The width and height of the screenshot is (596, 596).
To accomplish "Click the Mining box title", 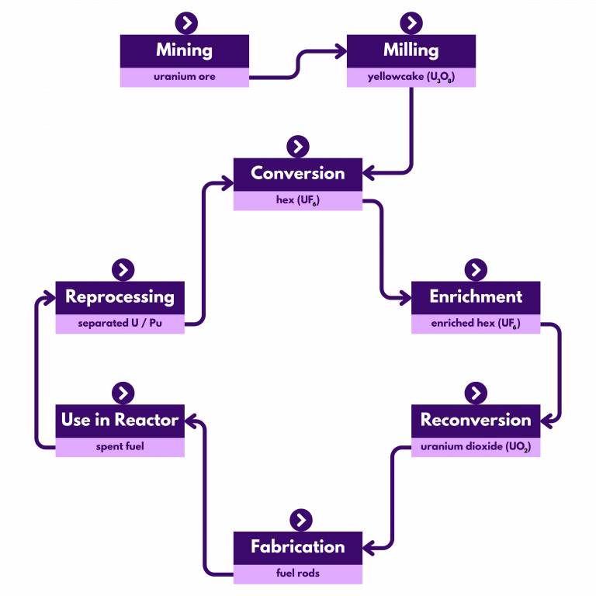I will [x=184, y=50].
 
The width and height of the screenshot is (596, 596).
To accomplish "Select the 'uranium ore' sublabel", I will [x=184, y=78].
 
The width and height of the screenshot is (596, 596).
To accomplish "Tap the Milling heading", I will [x=411, y=50].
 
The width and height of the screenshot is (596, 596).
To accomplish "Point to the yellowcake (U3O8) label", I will [x=411, y=78].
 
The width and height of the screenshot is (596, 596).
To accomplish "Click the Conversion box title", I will [x=297, y=174].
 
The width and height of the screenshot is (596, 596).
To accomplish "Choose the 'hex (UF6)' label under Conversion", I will [x=297, y=201].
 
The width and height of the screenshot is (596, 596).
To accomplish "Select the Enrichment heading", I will [x=476, y=297].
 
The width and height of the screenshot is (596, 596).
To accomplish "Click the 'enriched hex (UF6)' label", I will [x=476, y=324].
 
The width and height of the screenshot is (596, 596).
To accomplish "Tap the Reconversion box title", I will [x=476, y=421].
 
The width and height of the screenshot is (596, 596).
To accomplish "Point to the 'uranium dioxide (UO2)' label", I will [x=476, y=448].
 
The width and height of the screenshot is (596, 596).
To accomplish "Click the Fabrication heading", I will [x=297, y=547].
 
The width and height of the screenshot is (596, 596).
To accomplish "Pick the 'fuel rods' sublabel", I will [x=297, y=574].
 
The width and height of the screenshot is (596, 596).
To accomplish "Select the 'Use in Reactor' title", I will [x=120, y=421].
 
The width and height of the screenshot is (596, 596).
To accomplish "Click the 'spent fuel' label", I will [x=120, y=448].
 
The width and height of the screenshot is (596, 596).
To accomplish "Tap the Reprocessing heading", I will [x=120, y=297].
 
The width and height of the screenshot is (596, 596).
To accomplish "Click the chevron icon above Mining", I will [x=186, y=23].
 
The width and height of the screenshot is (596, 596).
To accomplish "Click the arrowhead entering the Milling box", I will [x=341, y=51].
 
